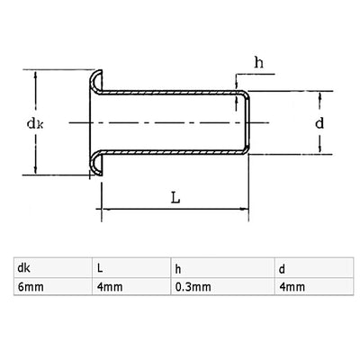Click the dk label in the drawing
click(35, 123)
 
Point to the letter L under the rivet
click(175, 198)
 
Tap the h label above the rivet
click(259, 63)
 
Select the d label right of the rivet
click(319, 123)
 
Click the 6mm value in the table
click(31, 287)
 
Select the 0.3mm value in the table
click(193, 287)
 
